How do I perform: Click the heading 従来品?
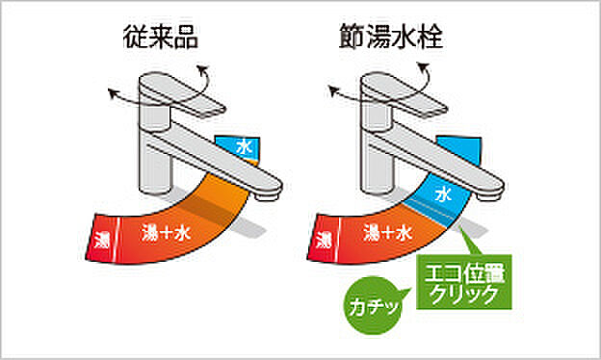[x=159, y=41]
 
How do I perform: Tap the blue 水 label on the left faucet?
[x=243, y=148]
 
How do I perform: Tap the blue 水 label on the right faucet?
[x=444, y=193]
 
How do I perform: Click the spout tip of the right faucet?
[x=489, y=193]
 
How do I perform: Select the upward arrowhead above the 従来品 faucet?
[x=201, y=67]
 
